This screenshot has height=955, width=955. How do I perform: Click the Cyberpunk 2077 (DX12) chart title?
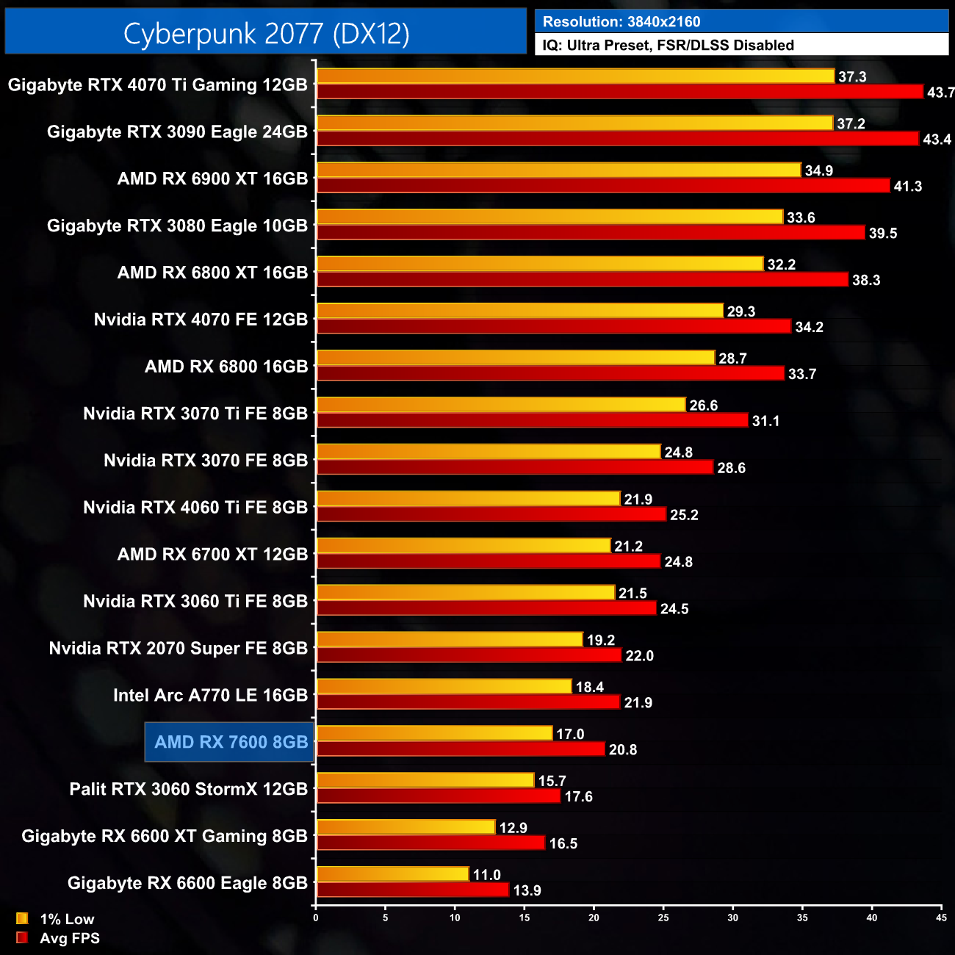click(x=266, y=33)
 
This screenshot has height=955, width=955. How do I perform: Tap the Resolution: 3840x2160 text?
click(x=621, y=21)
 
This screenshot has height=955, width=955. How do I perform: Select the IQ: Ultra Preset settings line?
click(x=668, y=45)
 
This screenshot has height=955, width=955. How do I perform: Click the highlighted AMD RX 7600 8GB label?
click(x=231, y=742)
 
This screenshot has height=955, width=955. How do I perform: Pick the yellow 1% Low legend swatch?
click(x=22, y=918)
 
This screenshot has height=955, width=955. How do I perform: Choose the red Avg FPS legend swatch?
click(x=22, y=937)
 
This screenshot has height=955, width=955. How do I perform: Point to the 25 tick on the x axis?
click(x=663, y=918)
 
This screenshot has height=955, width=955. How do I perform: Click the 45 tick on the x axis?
click(x=941, y=918)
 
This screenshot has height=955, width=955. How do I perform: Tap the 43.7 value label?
click(x=940, y=93)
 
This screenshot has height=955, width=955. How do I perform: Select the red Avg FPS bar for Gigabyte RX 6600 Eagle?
click(x=412, y=890)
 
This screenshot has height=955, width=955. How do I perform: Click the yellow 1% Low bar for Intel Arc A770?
click(x=444, y=686)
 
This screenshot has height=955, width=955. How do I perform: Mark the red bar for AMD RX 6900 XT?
click(x=602, y=185)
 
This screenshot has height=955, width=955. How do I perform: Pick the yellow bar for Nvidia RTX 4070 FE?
click(x=519, y=311)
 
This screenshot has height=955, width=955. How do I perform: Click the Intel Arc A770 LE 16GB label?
click(x=210, y=695)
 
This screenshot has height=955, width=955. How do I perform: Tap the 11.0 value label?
click(x=486, y=875)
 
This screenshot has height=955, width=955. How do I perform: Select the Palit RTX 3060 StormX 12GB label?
click(x=188, y=789)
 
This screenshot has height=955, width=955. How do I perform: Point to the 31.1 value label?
click(x=765, y=421)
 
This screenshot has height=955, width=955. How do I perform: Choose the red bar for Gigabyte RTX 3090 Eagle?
click(x=617, y=138)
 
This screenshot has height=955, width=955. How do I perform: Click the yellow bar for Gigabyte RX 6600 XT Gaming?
click(x=406, y=827)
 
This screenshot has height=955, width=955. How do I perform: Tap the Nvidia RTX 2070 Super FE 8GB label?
click(x=178, y=648)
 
